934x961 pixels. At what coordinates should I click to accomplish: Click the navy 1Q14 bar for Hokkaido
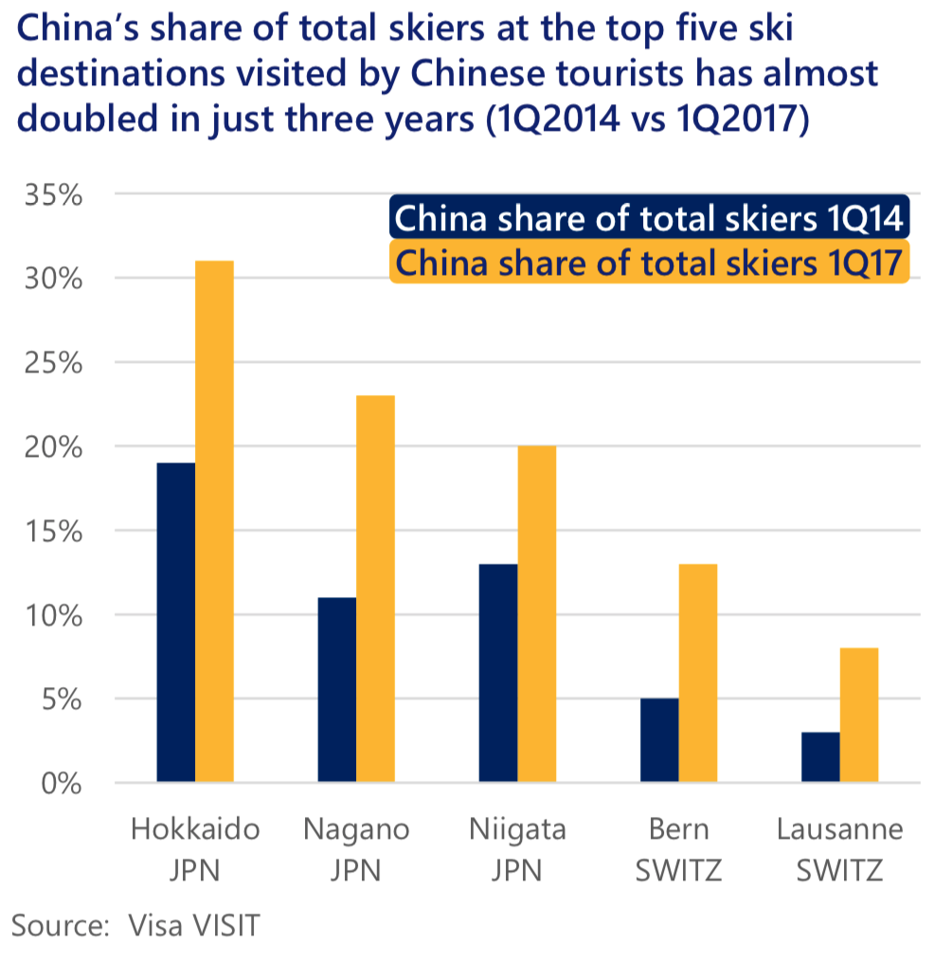[176, 623]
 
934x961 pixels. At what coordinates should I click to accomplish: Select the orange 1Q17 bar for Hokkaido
[214, 521]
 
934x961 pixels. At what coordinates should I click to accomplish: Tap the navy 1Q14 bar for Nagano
[337, 690]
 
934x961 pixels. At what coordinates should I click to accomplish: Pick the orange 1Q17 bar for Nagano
[375, 589]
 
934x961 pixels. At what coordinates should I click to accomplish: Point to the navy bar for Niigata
[498, 673]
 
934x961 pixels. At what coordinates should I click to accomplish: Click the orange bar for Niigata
[536, 614]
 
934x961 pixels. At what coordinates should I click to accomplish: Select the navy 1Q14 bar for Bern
[659, 740]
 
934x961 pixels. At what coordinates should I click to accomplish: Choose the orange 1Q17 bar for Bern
[697, 673]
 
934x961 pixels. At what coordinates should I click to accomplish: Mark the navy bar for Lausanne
[820, 757]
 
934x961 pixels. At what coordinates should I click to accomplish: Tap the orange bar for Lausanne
[858, 716]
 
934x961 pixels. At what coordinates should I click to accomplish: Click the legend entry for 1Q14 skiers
[649, 219]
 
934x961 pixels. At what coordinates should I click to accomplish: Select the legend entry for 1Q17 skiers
[649, 261]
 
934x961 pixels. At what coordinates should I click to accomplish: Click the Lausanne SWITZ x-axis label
[839, 849]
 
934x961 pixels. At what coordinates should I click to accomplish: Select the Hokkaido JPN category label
[195, 849]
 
